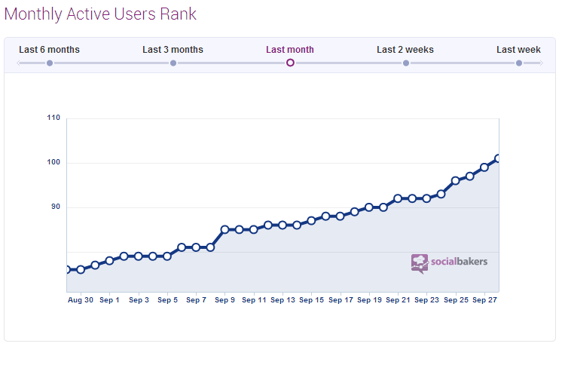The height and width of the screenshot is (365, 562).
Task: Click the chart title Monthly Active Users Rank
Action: point(100,14)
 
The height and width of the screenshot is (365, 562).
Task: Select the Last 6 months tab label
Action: point(49,50)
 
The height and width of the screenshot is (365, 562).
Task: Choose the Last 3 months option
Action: point(173,50)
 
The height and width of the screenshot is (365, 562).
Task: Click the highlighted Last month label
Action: point(290,50)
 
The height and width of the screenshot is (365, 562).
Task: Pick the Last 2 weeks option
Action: point(405,50)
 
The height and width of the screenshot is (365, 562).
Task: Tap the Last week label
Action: point(518,50)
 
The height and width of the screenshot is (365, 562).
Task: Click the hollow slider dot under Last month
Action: point(290,63)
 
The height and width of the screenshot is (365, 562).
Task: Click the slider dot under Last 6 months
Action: point(50,63)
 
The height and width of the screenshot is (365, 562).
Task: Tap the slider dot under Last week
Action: point(519,63)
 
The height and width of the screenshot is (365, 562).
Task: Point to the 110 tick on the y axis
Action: point(53,118)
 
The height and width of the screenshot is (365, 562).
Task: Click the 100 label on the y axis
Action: point(53,163)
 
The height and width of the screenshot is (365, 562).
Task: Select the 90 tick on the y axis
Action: point(56,207)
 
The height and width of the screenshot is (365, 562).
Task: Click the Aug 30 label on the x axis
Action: point(81,300)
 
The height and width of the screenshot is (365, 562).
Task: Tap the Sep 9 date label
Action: point(225,300)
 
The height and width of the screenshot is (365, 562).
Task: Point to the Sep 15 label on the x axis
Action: point(311,300)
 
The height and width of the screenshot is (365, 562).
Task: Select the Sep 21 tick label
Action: point(398,300)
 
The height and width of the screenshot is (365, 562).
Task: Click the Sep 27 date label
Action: point(484,300)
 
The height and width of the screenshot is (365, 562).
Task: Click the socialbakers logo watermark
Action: point(450,262)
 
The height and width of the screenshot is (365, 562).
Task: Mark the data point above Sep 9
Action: point(224,229)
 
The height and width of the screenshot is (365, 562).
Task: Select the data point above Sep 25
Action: point(455,181)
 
